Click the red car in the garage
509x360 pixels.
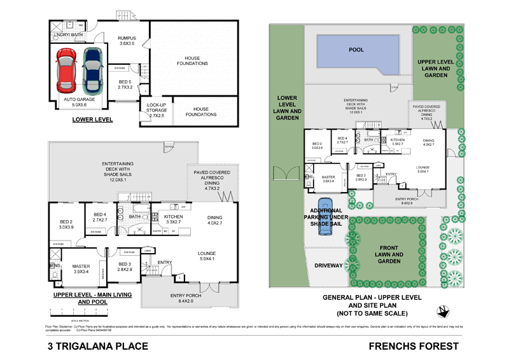pos(67,70)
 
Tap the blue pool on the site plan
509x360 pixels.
pos(356,49)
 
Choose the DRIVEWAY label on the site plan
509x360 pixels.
pos(328,265)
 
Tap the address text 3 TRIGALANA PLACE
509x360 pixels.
pos(98,347)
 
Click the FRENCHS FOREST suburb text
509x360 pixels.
pos(414,347)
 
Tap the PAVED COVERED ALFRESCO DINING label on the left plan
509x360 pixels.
pos(213,180)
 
